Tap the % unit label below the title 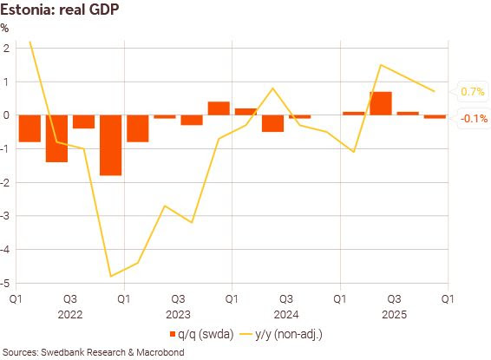point(6,28)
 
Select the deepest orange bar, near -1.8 point(110,145)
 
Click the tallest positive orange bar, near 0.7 point(380,103)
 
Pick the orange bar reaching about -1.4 point(56,138)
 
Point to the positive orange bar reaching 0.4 point(219,108)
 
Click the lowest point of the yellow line point(110,276)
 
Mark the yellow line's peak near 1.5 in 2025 point(380,65)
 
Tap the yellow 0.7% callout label point(472,91)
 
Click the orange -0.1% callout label point(472,118)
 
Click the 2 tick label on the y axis point(6,48)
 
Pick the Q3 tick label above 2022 point(69,298)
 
